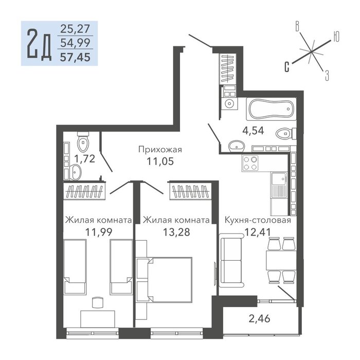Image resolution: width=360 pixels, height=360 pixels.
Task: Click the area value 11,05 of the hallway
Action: tap(160, 161)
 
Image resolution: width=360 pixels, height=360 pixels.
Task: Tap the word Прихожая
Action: tap(160, 150)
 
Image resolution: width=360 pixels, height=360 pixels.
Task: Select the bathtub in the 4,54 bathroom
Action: tap(271, 109)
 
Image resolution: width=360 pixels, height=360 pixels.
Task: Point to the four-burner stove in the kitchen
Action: tap(250, 163)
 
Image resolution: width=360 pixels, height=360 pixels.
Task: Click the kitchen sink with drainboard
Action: tap(279, 185)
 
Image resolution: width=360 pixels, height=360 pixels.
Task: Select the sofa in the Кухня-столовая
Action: tap(231, 260)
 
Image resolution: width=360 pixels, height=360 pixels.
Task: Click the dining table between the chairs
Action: tap(281, 261)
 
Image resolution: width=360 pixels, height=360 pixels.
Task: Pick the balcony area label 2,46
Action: tap(259, 319)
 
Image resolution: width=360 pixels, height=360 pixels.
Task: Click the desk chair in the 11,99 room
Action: tap(98, 302)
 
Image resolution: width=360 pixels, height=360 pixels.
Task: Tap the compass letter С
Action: tap(287, 67)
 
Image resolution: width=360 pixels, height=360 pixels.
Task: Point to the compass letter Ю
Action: tap(336, 37)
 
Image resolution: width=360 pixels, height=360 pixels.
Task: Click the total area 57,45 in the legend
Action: tap(75, 57)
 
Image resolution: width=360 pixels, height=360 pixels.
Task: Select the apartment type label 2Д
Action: tap(39, 44)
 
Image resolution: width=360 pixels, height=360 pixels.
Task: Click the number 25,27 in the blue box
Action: tap(75, 29)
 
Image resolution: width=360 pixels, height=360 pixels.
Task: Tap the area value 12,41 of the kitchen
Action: tap(258, 232)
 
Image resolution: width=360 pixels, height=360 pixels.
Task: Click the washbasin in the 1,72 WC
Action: tap(76, 172)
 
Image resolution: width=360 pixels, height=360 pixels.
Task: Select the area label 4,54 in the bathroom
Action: tap(253, 131)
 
